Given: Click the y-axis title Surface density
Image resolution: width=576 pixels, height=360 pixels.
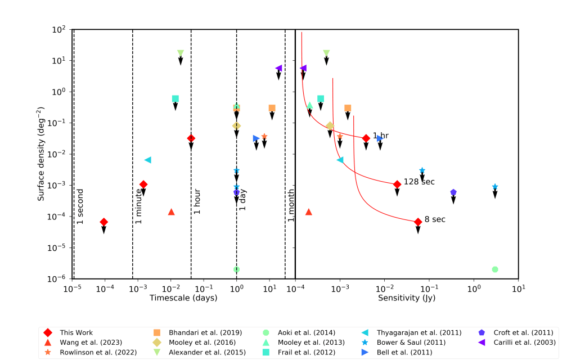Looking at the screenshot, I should tap(41, 154).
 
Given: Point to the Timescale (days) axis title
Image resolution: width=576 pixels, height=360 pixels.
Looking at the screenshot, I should tap(183, 298).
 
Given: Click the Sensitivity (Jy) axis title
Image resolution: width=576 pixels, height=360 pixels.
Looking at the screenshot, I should tap(406, 298).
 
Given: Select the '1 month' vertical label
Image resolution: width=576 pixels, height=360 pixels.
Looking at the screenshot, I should tap(291, 205).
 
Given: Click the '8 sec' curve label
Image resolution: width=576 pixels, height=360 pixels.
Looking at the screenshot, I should tap(435, 219).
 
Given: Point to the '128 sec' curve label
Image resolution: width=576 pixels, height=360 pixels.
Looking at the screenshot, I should tap(419, 182).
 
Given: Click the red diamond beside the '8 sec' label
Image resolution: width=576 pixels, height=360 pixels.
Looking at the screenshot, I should tap(418, 222).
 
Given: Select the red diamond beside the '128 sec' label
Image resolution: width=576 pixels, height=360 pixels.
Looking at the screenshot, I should tap(397, 184).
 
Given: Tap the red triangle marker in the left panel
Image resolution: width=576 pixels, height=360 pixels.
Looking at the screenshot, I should tap(171, 212).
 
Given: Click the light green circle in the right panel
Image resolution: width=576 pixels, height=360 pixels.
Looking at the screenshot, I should tap(494, 269).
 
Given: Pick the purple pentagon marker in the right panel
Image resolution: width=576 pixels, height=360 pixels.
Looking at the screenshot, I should tap(453, 192).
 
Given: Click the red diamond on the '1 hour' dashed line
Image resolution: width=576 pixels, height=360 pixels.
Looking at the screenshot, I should tap(191, 138).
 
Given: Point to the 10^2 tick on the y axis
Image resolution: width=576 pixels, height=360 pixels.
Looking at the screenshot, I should tap(59, 29).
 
